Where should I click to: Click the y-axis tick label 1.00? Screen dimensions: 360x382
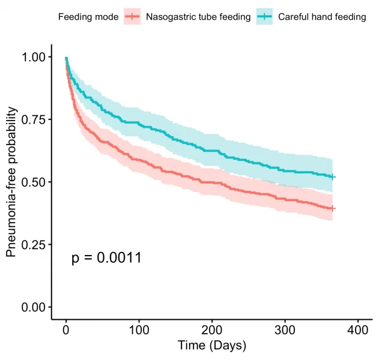(34, 57)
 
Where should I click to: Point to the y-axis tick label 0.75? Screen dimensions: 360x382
(34, 119)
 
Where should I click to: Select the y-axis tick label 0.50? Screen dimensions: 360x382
(34, 182)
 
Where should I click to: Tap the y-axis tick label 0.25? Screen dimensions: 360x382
(34, 245)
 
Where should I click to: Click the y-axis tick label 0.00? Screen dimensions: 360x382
(34, 307)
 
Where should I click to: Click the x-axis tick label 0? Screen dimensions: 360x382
(66, 331)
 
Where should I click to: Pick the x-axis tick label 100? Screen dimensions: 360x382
(139, 331)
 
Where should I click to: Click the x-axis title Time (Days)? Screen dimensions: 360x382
(211, 346)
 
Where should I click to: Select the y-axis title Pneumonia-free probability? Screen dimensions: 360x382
(11, 182)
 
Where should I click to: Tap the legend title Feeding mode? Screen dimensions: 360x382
(88, 17)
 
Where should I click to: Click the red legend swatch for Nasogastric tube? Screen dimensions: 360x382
(132, 17)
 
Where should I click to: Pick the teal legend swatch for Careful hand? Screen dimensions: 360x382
(264, 17)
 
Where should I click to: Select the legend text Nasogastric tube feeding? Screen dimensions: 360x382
(198, 17)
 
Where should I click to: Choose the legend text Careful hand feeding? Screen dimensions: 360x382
(322, 17)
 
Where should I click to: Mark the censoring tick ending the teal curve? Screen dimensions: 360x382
(333, 177)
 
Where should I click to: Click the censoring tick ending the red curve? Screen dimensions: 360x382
(333, 209)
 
